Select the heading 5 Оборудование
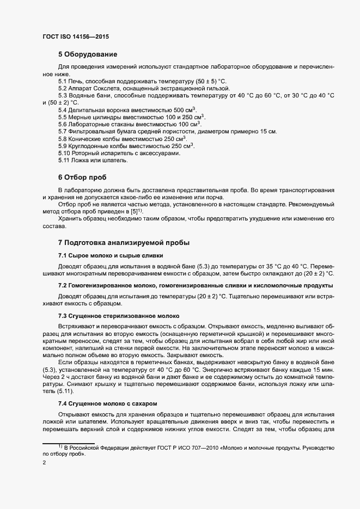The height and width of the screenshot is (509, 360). tap(88, 54)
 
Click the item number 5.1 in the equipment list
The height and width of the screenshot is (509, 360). tap(63, 81)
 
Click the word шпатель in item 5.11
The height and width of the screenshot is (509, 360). tap(116, 161)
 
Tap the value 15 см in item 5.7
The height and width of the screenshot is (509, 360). tap(269, 132)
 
